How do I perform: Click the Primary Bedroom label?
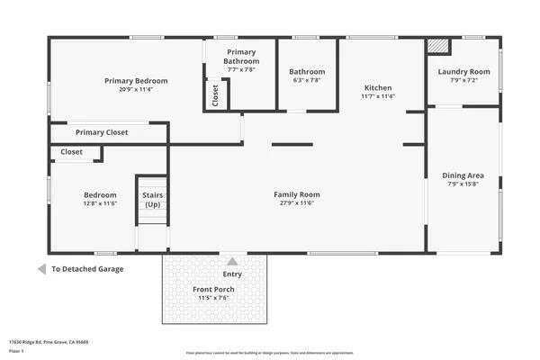pos(136,81)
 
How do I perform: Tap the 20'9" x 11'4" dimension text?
pos(136,89)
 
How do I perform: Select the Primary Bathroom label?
pos(241,57)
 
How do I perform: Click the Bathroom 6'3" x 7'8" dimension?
pos(307,80)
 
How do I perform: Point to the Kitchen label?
pos(378,88)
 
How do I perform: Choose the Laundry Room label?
pos(463,72)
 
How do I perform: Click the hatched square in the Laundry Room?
pos(437,46)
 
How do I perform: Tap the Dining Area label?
pos(463,175)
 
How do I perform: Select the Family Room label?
pos(297,194)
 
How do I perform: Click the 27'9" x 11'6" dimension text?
pos(297,202)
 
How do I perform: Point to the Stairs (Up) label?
pos(152,200)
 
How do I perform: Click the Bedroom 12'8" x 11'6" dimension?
pos(101,202)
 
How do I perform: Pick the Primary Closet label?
pos(102,132)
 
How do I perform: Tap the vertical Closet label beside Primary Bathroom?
pos(216,94)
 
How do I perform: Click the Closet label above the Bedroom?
pos(72,152)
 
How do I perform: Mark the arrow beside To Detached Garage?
pos(41,269)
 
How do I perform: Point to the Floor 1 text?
pos(16,352)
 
